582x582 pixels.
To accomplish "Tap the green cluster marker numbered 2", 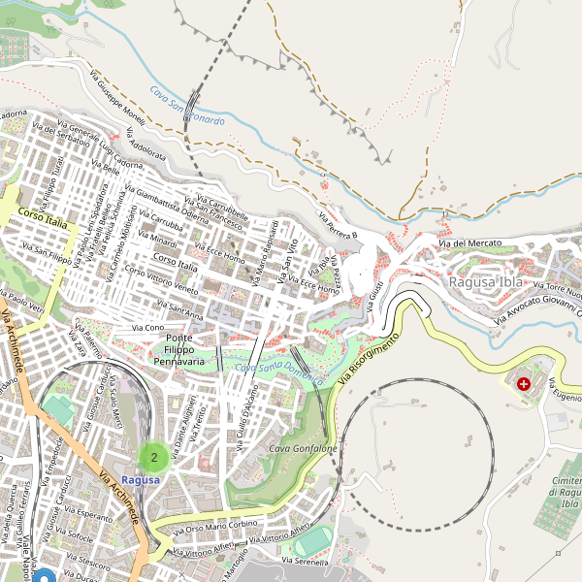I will click(153, 457).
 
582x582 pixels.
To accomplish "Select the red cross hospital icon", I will click(525, 384).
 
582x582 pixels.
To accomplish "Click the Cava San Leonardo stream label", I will click(187, 107).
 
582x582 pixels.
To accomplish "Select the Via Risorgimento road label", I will click(369, 360).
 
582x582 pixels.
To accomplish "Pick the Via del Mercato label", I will click(474, 242).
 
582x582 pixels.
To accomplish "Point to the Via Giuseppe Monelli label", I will click(117, 102).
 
